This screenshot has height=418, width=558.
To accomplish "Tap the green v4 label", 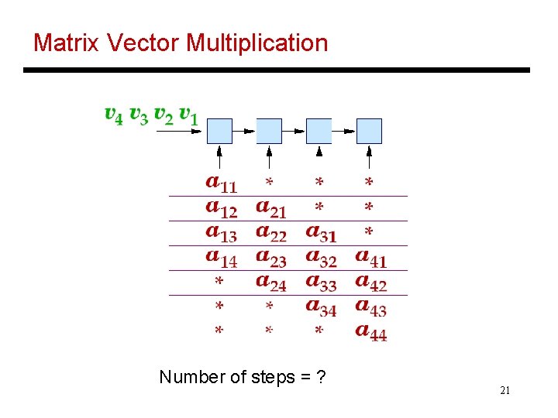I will pyautogui.click(x=113, y=115).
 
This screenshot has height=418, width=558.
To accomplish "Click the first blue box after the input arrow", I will pyautogui.click(x=219, y=131).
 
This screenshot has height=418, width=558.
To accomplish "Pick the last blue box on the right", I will pyautogui.click(x=369, y=131).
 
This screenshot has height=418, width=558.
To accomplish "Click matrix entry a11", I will pyautogui.click(x=222, y=183).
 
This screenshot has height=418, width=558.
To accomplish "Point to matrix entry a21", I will pyautogui.click(x=271, y=208).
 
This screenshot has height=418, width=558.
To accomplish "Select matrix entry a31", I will pyautogui.click(x=321, y=233).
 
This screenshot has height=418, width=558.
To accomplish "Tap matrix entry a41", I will pyautogui.click(x=370, y=258).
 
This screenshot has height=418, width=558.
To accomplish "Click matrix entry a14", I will pyautogui.click(x=222, y=258).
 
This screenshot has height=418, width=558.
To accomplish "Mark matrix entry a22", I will pyautogui.click(x=271, y=233).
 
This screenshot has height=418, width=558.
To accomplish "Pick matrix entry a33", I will pyautogui.click(x=321, y=283).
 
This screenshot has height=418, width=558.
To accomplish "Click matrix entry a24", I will pyautogui.click(x=271, y=283).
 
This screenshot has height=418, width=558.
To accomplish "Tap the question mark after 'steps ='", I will pyautogui.click(x=321, y=378).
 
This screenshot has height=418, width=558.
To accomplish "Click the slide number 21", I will pyautogui.click(x=505, y=391).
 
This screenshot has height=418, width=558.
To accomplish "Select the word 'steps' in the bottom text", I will pyautogui.click(x=273, y=378).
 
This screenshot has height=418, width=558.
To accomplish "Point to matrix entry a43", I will pyautogui.click(x=370, y=307).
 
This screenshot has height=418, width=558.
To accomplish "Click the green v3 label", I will pyautogui.click(x=138, y=115).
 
